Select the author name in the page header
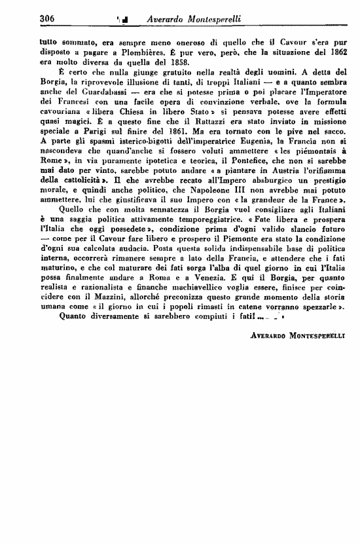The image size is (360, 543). click(x=205, y=18)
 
